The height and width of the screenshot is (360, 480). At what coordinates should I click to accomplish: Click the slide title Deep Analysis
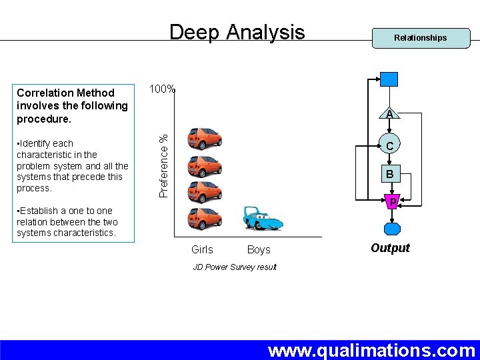point(237,32)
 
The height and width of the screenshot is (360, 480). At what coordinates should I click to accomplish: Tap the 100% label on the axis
point(162,89)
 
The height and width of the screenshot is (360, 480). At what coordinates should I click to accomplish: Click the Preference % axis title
point(163,165)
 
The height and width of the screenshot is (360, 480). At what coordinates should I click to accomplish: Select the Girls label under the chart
point(202,250)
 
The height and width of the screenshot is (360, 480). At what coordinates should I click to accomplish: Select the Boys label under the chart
point(259,250)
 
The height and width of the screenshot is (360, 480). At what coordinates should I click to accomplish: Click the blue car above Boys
point(262,218)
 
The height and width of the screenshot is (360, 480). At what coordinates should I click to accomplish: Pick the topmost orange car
point(205,139)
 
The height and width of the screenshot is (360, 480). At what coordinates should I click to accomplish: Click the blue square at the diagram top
point(389,79)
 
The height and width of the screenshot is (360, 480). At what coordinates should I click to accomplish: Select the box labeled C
point(389,145)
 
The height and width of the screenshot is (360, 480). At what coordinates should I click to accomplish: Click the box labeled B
point(389,175)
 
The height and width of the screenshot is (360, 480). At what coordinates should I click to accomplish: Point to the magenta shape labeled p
point(393,200)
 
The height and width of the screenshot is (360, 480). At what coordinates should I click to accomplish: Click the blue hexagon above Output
point(392,229)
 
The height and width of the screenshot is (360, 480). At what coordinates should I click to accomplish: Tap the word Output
point(390,248)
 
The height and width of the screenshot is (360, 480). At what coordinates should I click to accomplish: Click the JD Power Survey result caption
point(235,267)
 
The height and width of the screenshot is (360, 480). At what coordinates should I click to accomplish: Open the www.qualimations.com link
point(371,351)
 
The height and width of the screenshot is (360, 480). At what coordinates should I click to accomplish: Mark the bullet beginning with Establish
point(67,222)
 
